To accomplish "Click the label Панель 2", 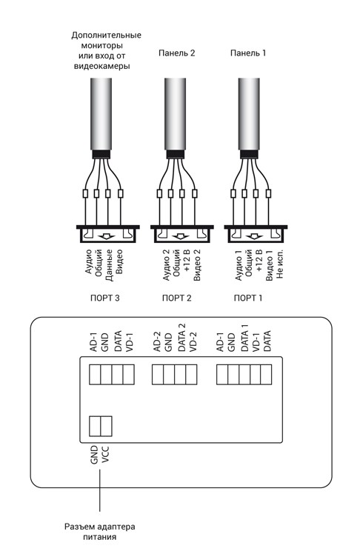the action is coord(176,53).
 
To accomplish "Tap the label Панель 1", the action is coord(248,53).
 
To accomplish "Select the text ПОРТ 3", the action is coord(104,298).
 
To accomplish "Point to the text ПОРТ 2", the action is coord(176,298).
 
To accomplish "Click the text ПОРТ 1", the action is coord(248,298).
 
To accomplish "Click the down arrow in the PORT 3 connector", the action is coord(107,236).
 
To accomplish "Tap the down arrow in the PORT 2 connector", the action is coord(181,236).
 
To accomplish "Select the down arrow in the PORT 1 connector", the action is coord(255,236).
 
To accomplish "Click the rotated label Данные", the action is coord(109,265).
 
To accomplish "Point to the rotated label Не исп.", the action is coord(280,264).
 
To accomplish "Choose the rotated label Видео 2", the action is coord(197,265).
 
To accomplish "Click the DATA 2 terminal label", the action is coord(181,338).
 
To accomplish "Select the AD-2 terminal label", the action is coord(157,341).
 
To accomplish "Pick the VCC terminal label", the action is coord(105,455).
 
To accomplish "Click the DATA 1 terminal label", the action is coord(244,338).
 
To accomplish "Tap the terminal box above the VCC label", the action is coord(106,426).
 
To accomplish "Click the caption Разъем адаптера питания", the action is coord(99,532).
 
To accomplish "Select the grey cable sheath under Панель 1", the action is coord(249,114).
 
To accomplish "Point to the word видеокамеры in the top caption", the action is coord(101,66).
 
